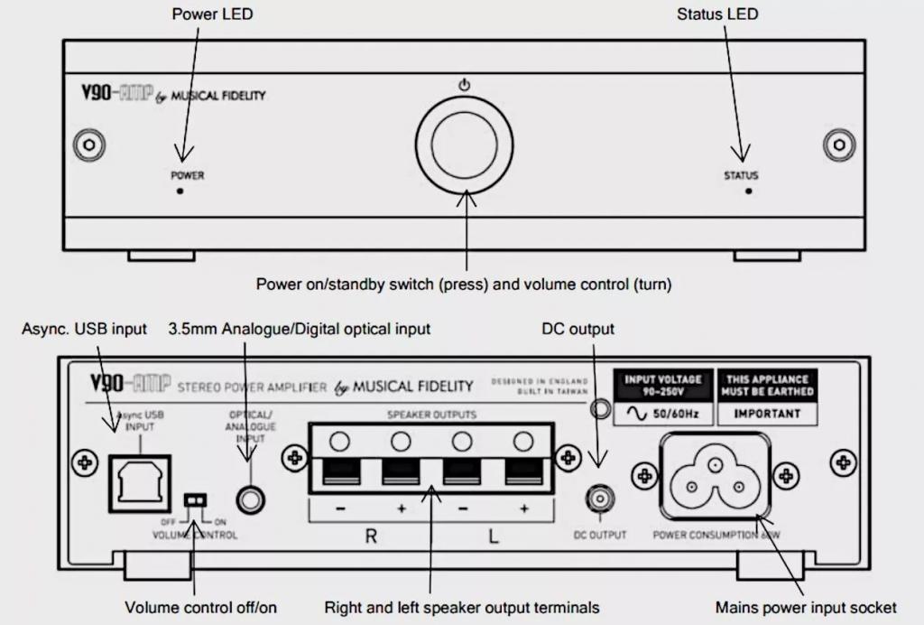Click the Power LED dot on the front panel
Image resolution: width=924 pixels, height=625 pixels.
(180, 192)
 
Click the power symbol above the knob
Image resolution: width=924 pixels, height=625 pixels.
(465, 86)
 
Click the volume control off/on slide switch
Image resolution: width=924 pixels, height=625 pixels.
(192, 499)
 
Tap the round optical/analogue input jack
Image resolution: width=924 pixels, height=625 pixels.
(251, 498)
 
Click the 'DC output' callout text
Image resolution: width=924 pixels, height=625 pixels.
(577, 329)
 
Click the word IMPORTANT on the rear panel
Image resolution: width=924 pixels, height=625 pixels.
(767, 414)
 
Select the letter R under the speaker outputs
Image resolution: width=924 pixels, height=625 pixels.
(370, 536)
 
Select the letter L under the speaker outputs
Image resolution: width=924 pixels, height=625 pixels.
(493, 536)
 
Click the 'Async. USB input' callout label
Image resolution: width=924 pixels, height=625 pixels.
(84, 329)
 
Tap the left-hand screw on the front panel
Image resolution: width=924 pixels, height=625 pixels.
(89, 145)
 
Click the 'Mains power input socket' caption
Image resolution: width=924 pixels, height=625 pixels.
(806, 606)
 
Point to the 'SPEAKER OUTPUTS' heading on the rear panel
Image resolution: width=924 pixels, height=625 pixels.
(431, 415)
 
